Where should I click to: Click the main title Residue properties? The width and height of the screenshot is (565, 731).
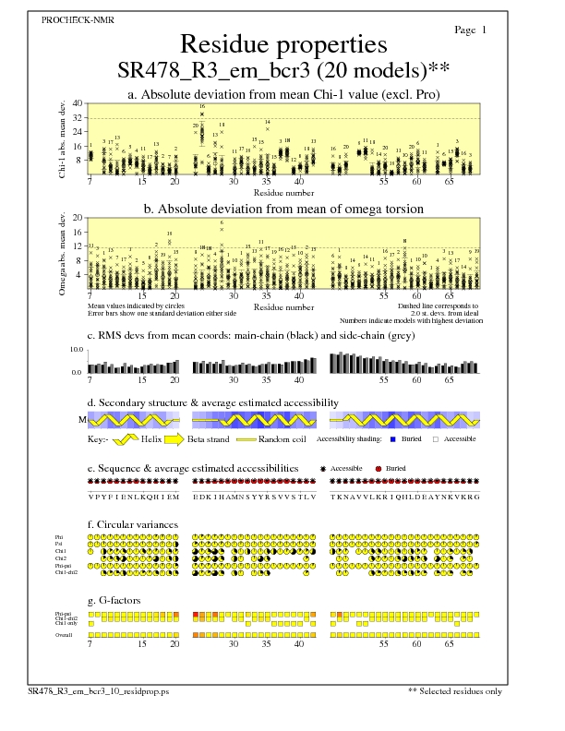[282, 44]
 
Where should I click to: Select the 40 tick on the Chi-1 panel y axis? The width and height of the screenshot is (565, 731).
[77, 103]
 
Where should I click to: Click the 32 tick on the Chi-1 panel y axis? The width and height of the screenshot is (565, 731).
[77, 117]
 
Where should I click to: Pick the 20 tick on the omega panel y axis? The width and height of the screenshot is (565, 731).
[77, 218]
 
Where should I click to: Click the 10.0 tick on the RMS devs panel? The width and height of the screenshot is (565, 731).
[77, 351]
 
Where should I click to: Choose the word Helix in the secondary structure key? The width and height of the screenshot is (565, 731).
[152, 439]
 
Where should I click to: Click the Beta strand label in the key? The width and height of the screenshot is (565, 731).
[209, 439]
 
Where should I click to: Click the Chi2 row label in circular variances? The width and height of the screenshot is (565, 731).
[60, 558]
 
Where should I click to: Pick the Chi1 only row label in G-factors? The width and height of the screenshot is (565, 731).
[65, 624]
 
